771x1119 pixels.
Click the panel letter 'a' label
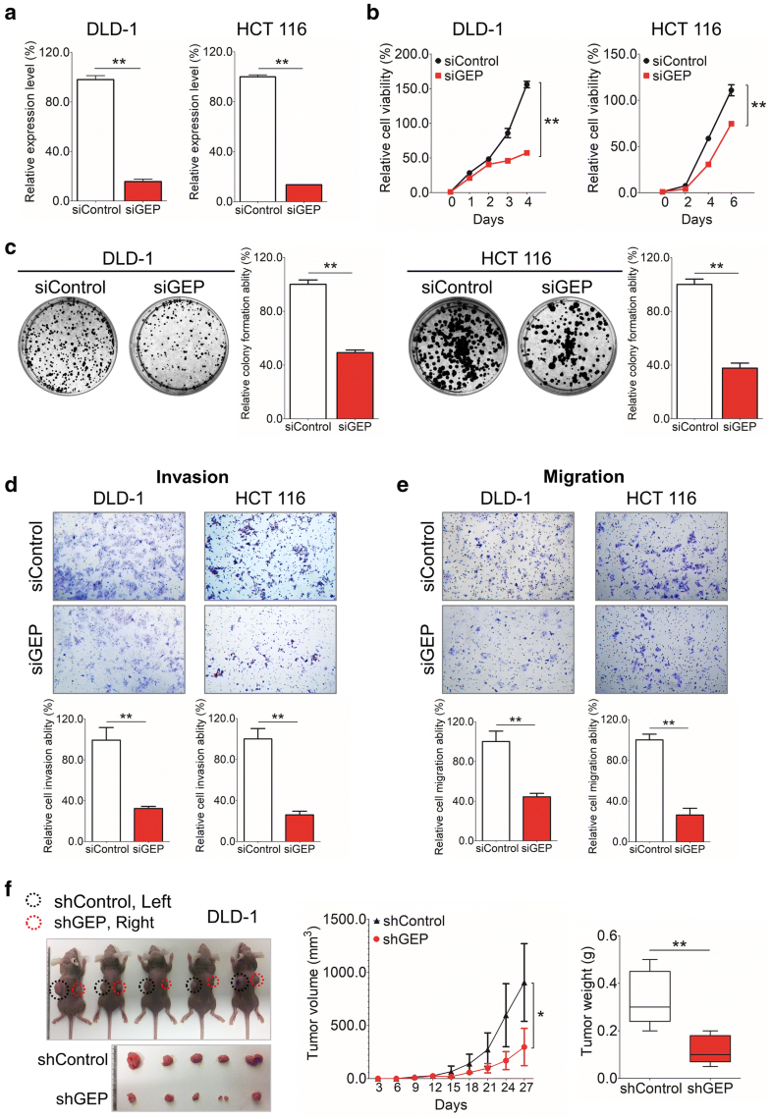(x=11, y=13)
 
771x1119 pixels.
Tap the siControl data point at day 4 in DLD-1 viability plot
(x=526, y=84)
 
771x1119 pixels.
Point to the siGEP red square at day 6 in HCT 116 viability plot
(x=731, y=124)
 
